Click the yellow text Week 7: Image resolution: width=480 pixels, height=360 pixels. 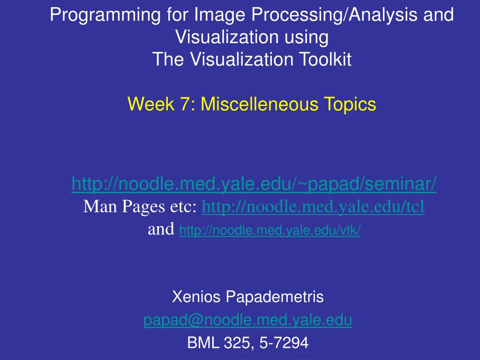(x=161, y=104)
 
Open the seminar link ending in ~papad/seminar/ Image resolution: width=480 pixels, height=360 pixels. (x=254, y=184)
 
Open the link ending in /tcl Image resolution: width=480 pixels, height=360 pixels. (x=313, y=207)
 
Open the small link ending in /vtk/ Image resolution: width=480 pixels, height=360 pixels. (x=270, y=230)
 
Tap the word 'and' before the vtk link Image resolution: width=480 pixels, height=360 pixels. (x=161, y=229)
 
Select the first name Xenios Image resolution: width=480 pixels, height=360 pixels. (x=196, y=297)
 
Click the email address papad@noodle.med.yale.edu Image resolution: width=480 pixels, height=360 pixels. (x=247, y=320)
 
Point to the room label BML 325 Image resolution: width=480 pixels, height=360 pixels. (x=220, y=343)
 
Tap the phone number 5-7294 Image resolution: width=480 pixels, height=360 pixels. (x=284, y=343)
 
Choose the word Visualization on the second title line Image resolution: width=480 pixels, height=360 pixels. (x=227, y=37)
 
